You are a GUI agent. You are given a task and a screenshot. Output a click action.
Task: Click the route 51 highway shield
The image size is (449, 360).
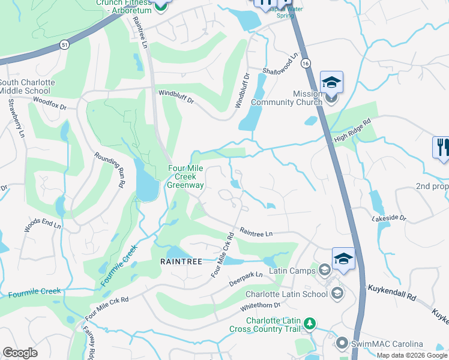[64, 44]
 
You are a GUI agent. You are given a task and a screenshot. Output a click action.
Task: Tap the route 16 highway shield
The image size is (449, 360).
[306, 62]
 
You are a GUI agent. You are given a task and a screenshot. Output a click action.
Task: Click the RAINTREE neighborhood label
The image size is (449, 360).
[181, 262]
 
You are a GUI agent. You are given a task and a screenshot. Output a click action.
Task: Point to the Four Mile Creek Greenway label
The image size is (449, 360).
[185, 177]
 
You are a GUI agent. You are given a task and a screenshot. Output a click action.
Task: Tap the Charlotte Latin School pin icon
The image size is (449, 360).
[337, 293]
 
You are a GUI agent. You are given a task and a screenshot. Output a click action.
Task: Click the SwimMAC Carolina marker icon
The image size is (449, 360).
[342, 344]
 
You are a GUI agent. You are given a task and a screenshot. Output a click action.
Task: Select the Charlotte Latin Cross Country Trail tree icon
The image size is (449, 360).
[310, 324]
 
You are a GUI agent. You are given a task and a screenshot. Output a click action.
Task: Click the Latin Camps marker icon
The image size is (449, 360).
[325, 271]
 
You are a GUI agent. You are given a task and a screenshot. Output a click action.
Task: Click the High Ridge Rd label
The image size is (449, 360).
[352, 130]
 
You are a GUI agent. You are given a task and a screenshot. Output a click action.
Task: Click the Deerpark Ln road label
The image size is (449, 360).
[247, 278]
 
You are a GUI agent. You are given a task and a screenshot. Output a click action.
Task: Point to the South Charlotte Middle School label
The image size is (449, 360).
[28, 86]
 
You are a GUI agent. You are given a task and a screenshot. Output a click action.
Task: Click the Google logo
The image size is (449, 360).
[20, 353]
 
